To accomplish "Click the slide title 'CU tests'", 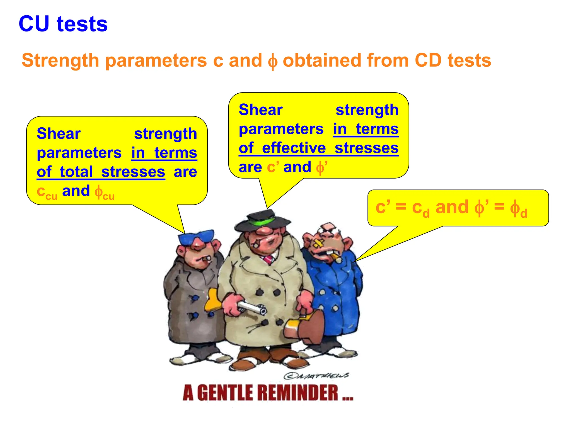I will pos(63,24).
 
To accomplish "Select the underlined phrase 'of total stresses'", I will pos(101,172).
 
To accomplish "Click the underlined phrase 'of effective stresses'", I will pos(318,148).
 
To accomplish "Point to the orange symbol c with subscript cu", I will pos(47,192).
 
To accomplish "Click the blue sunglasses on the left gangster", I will pos(196,237).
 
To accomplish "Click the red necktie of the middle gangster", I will pos(268,260).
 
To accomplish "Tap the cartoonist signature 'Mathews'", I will pos(316,376).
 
